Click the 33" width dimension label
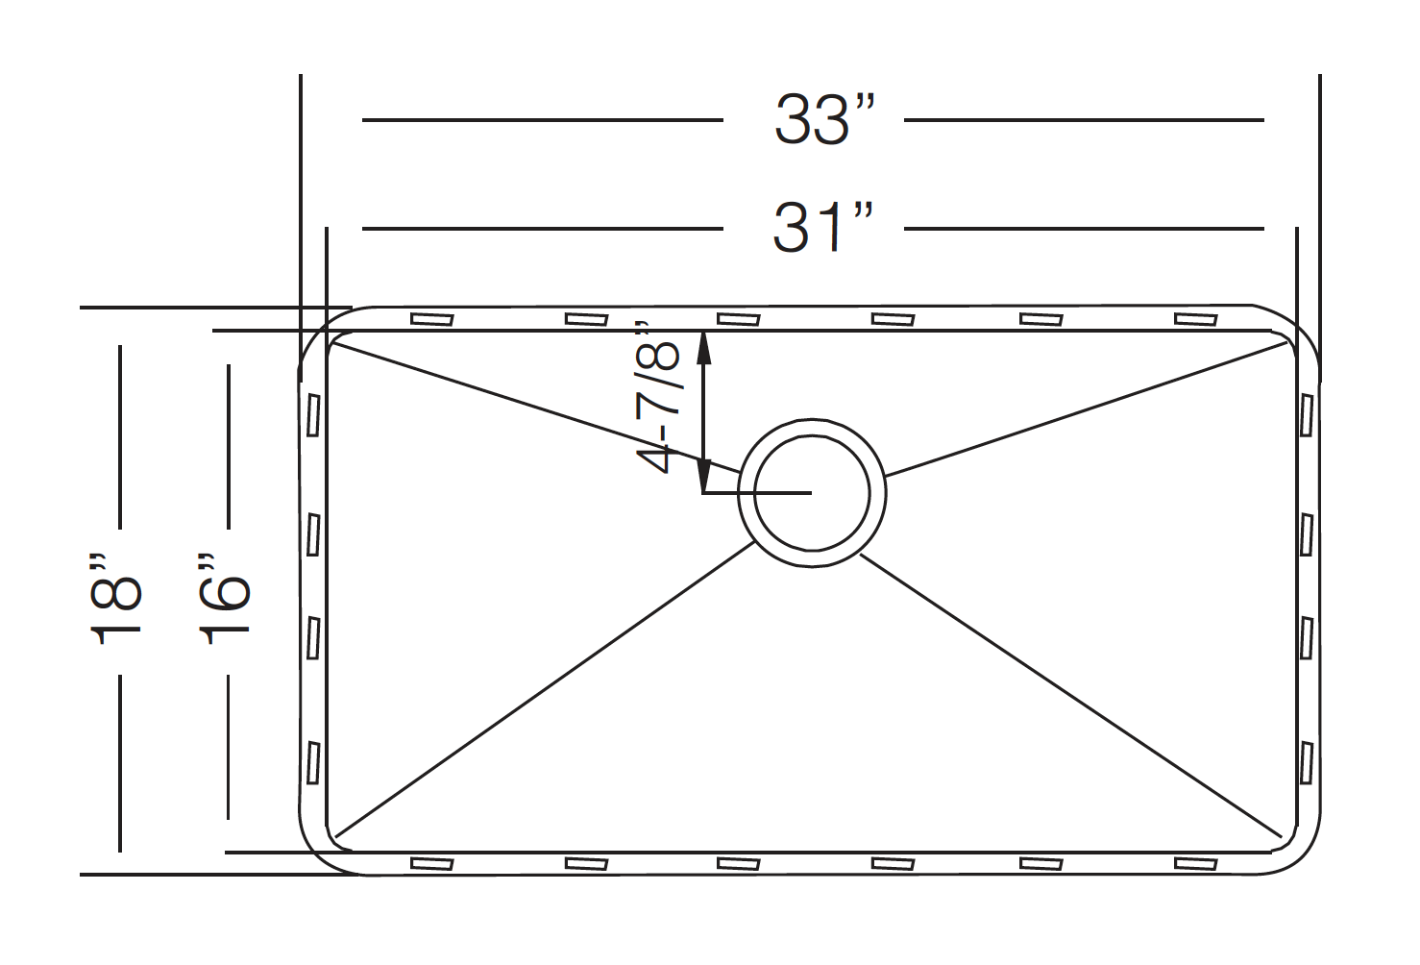click(x=824, y=120)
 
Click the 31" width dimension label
click(x=823, y=228)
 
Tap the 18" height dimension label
click(x=116, y=600)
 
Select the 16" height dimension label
click(x=225, y=600)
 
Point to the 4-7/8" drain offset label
click(x=657, y=398)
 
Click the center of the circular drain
click(x=812, y=493)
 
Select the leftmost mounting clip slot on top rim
click(x=431, y=319)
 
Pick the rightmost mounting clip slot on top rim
click(x=1195, y=319)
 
